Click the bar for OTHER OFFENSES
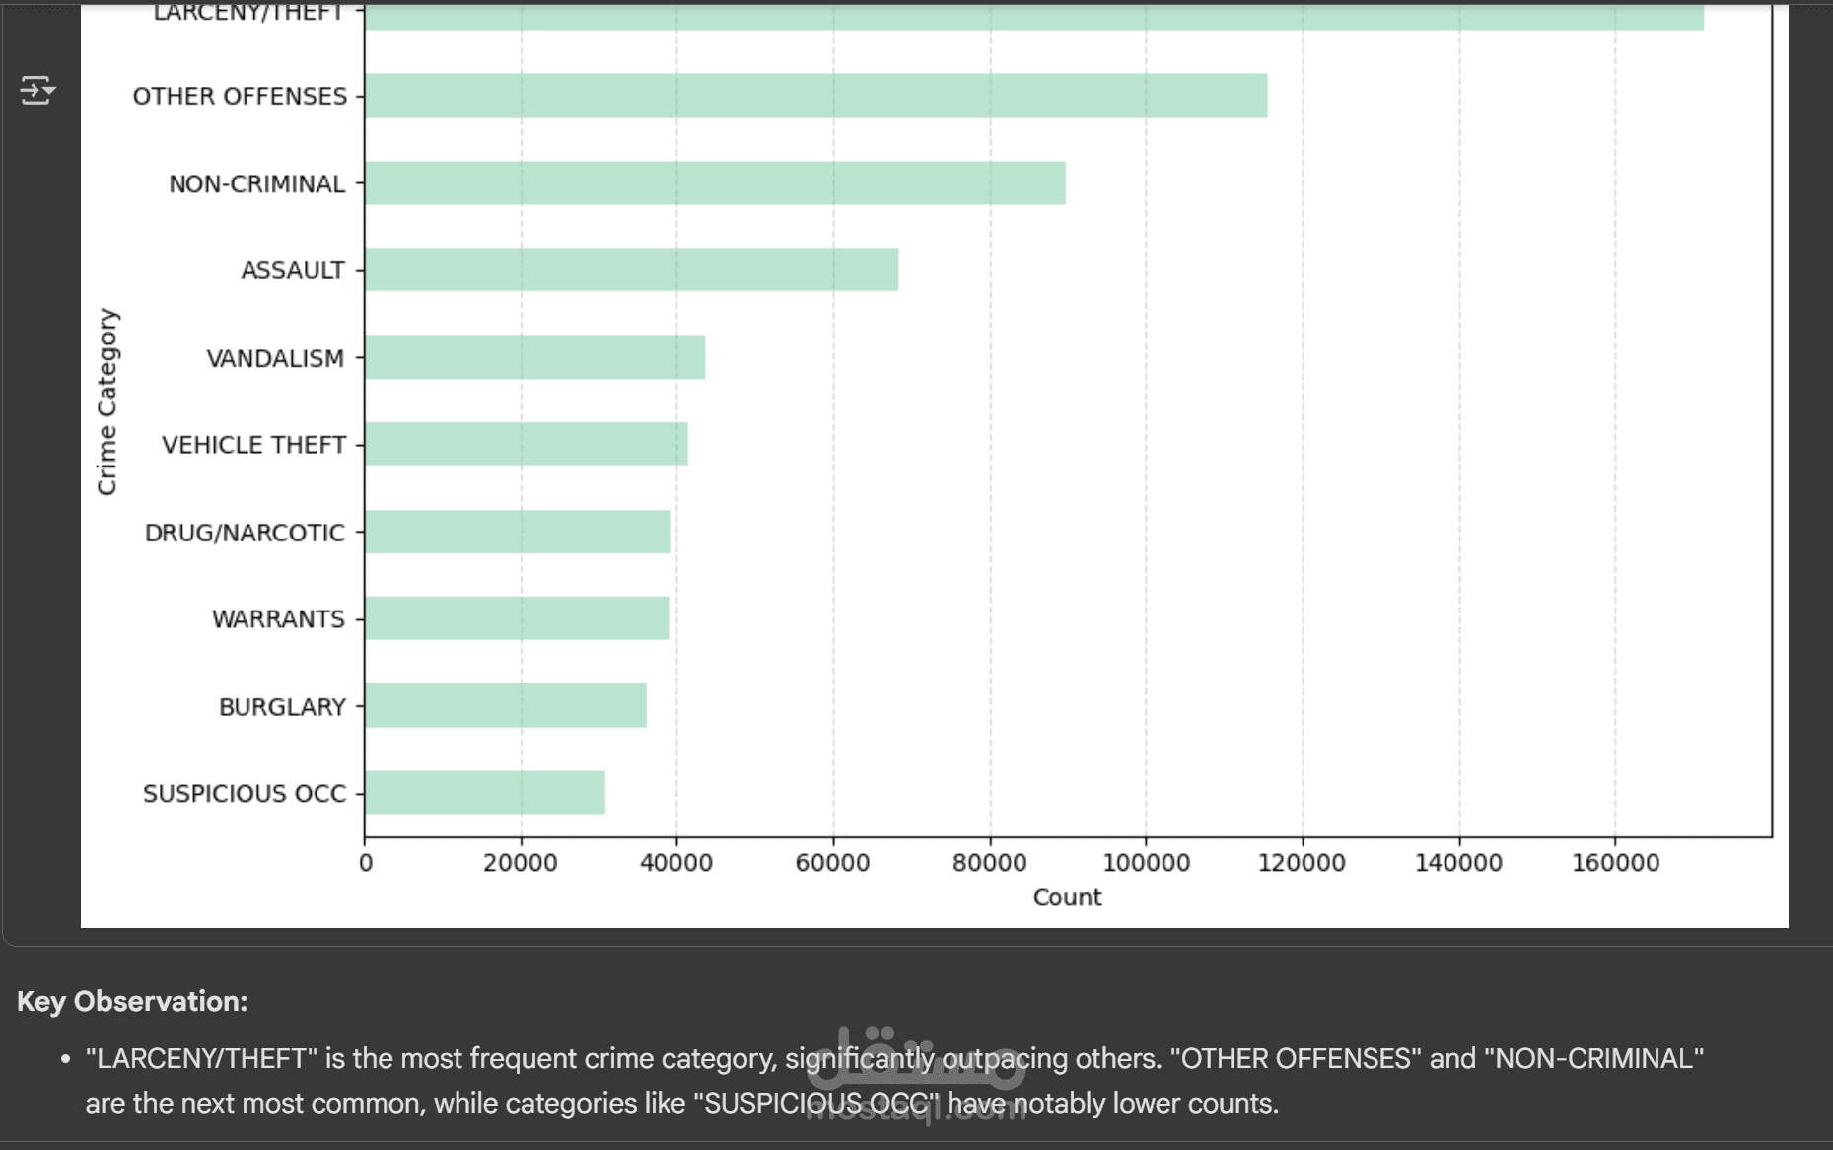[815, 96]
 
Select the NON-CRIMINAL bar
[715, 183]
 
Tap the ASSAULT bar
[631, 269]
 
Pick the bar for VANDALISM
[534, 357]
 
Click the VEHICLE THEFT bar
[526, 444]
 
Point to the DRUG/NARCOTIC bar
[518, 532]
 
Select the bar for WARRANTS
[517, 618]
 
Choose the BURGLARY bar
[506, 705]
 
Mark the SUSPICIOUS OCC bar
[485, 792]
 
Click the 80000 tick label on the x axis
[989, 863]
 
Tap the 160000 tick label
[1615, 863]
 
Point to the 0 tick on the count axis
[366, 863]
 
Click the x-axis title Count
[1067, 898]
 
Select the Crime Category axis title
[106, 401]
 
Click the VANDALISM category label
[275, 358]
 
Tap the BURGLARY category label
[282, 707]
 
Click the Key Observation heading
[132, 1001]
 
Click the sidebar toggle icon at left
[37, 91]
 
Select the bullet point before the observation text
[65, 1059]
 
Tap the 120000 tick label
[1302, 863]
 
